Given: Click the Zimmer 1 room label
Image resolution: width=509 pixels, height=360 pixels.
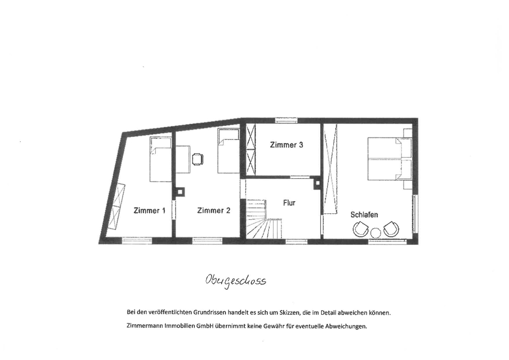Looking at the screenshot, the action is click(149, 211).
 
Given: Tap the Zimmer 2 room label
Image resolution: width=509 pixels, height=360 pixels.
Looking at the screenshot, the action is click(214, 211).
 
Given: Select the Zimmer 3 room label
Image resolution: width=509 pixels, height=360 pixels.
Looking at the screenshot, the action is click(286, 145).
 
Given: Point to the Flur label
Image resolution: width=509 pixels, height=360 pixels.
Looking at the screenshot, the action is click(289, 203).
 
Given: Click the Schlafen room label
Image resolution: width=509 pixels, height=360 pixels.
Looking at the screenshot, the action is click(364, 215).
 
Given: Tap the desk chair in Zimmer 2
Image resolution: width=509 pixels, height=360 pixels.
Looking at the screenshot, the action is click(197, 159).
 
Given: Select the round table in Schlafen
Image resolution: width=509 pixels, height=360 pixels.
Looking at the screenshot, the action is click(376, 233).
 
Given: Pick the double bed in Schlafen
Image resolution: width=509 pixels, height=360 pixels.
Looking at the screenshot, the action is click(389, 159).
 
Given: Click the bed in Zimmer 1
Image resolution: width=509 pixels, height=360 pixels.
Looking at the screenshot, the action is click(160, 159).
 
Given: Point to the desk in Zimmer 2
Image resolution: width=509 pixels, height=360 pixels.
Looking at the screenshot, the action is click(183, 160).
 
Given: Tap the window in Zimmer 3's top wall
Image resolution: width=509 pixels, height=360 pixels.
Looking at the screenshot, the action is click(286, 120).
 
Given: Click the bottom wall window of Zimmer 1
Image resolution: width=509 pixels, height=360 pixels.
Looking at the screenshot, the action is click(137, 240).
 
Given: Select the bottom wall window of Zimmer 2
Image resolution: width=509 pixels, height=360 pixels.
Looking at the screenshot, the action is click(206, 240).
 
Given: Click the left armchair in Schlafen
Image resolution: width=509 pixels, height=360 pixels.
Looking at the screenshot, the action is click(361, 229).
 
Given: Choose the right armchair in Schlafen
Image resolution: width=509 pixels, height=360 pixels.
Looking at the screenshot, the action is click(391, 229).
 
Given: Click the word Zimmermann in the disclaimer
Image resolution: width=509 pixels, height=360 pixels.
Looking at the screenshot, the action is click(142, 326).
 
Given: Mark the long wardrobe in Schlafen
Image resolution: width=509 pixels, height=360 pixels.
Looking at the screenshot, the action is click(330, 169).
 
